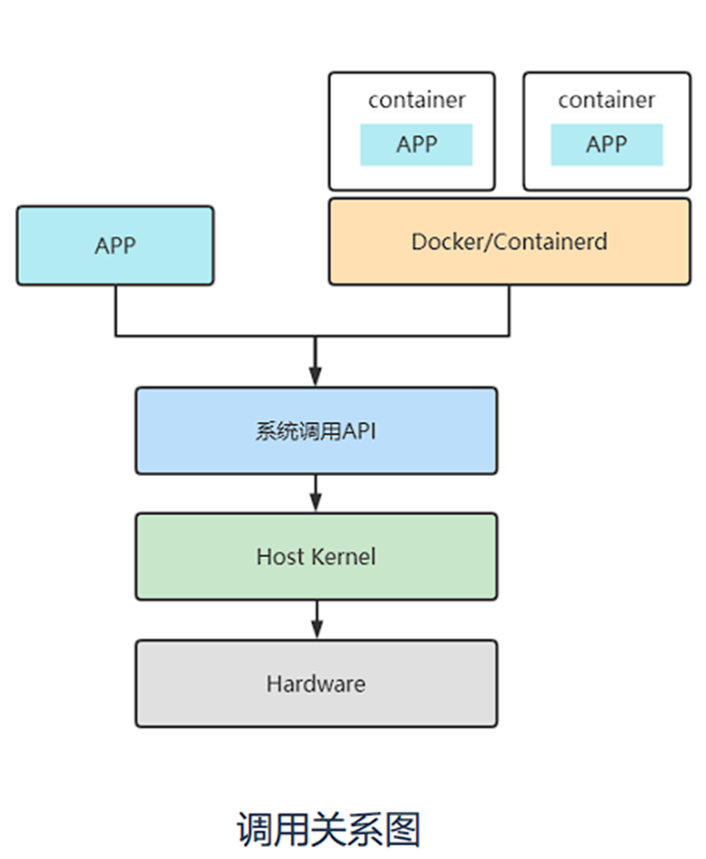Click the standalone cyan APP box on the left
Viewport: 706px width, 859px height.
(x=115, y=245)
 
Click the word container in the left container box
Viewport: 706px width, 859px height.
(x=416, y=100)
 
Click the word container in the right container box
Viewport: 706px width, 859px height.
(x=606, y=100)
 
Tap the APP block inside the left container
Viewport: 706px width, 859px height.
(x=416, y=145)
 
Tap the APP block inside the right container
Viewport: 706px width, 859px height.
(x=606, y=145)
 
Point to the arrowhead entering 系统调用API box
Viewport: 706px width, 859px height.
(x=315, y=376)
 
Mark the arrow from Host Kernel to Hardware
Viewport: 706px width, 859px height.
(x=315, y=621)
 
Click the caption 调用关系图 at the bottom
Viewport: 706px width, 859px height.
(x=328, y=828)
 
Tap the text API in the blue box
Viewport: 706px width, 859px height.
(x=360, y=431)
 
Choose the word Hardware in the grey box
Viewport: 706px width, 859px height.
(x=315, y=683)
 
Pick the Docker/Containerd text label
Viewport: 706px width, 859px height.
(x=509, y=241)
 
